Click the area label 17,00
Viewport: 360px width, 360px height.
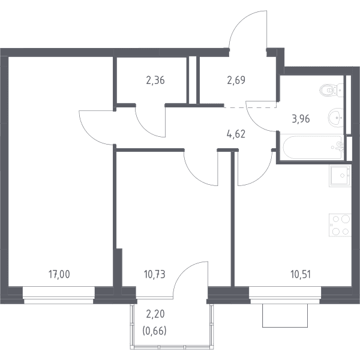(x=59, y=274)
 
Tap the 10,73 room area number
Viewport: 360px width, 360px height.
(x=155, y=274)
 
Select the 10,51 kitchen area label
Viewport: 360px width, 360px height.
(x=301, y=274)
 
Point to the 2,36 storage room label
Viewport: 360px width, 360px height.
(x=155, y=80)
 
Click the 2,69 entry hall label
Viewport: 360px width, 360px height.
(x=236, y=80)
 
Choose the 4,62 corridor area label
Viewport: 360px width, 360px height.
(x=236, y=134)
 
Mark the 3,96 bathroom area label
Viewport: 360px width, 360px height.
(x=301, y=119)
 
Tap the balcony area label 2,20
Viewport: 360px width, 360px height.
(x=155, y=314)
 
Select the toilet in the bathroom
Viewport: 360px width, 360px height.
(x=331, y=90)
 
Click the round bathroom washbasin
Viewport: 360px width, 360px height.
(x=335, y=118)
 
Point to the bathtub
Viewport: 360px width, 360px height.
(x=313, y=147)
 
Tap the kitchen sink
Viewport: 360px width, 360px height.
(x=340, y=176)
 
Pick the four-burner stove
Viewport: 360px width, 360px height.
(x=340, y=225)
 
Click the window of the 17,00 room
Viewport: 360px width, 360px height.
(x=59, y=295)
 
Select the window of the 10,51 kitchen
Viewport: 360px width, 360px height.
(x=285, y=295)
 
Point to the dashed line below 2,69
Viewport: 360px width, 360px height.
(x=250, y=107)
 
